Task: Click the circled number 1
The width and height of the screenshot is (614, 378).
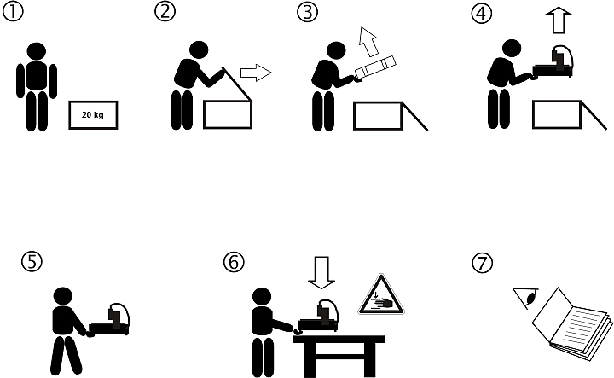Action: pos(13,11)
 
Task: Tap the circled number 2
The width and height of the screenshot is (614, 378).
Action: pos(165,11)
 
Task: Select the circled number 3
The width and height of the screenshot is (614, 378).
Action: pos(307,12)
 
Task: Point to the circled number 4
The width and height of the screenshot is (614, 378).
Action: pos(481,14)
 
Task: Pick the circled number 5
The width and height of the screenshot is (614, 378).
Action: pos(32,261)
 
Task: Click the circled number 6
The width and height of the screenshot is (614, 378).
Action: pos(234,262)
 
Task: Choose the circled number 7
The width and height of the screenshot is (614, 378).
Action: pos(483,263)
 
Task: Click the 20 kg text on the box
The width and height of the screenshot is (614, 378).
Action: pos(93,115)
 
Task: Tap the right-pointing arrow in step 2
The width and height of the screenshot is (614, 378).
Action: pos(256,73)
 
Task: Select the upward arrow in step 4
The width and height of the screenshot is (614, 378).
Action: pos(559,20)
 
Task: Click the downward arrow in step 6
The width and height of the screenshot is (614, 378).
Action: pos(321,273)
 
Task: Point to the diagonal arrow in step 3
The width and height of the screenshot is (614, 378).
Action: pos(368,42)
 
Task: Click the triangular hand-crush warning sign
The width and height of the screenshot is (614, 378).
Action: pos(381,294)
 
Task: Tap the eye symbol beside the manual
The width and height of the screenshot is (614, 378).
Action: pos(527,297)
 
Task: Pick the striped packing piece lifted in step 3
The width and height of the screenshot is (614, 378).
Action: pos(375,68)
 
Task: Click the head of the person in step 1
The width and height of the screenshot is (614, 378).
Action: pos(37,51)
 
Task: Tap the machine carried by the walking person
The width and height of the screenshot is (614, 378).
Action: pos(110,319)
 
